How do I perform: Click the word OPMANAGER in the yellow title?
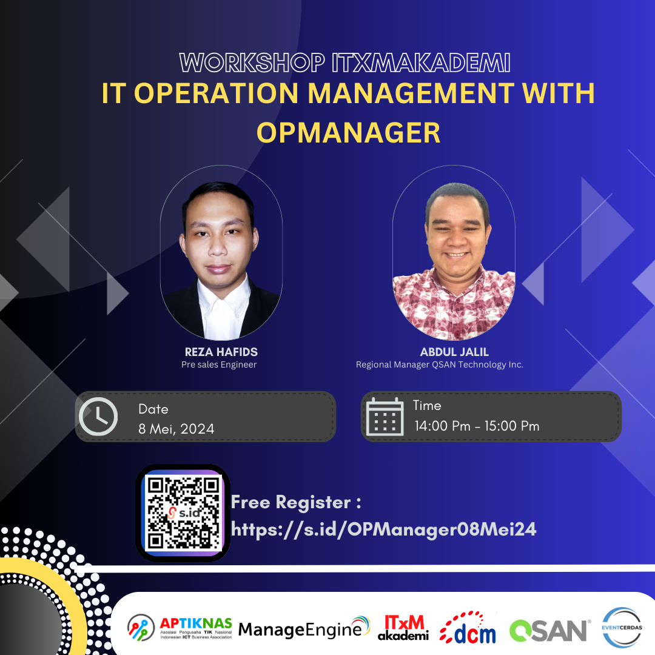coord(348,133)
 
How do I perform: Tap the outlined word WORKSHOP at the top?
coord(252,62)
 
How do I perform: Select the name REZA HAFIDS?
coord(221,352)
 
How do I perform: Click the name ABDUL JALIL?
coord(454,352)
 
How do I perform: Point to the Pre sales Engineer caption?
coord(219,364)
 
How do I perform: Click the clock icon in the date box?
coord(98,417)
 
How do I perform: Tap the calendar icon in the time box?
coord(385,417)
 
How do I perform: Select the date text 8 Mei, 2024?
coord(176,429)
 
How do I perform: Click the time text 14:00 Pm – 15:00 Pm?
coord(477,426)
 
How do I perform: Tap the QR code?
coord(183,513)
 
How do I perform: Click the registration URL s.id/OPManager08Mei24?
coord(383,529)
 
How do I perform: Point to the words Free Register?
coord(291,502)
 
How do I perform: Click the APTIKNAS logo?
coord(180,628)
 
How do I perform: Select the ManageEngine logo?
coord(304,628)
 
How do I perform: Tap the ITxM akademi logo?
coord(403,628)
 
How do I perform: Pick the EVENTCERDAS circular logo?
coord(622,628)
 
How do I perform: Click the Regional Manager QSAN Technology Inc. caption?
coord(440,364)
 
